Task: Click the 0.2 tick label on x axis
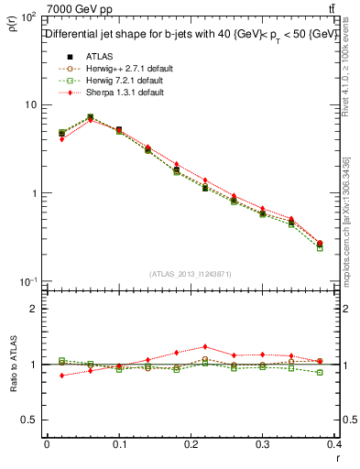(x=191, y=444)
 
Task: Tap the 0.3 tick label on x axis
(x=264, y=444)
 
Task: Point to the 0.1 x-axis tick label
(x=119, y=444)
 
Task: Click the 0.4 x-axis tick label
(x=334, y=444)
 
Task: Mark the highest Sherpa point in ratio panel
(x=205, y=346)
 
